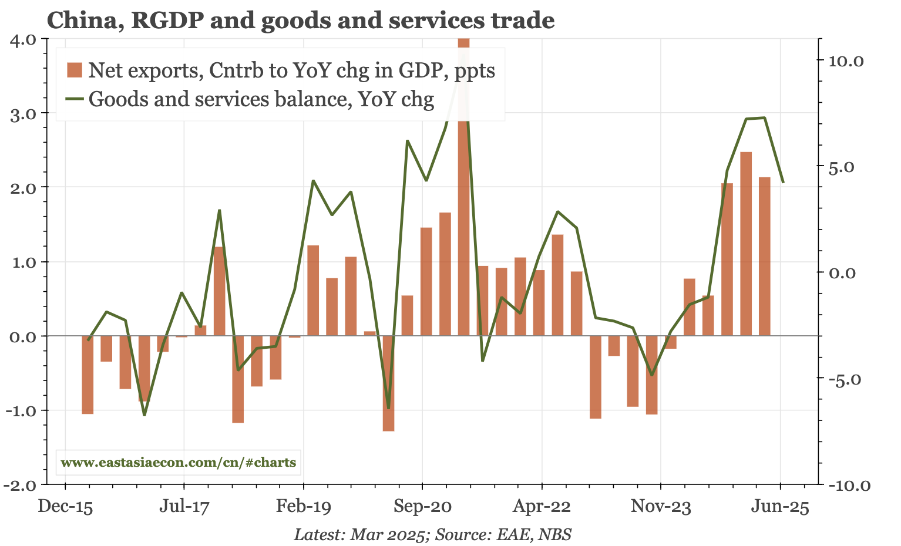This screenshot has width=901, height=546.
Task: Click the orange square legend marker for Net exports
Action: pos(75,70)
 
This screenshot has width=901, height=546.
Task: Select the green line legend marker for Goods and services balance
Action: pos(75,99)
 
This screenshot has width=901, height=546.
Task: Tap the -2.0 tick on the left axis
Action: pos(21,485)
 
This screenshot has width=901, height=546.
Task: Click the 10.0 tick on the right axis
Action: pos(845,60)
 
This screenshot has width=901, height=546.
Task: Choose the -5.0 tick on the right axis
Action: pos(845,379)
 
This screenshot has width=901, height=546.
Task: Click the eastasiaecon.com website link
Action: pos(178,463)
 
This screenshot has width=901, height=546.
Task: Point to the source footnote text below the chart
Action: pos(433,534)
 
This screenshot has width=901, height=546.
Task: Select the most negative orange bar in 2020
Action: pos(388,383)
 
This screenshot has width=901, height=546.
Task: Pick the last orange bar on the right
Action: pos(765,257)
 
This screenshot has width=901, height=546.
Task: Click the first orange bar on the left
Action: pos(88,375)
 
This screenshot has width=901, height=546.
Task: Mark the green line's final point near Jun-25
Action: pos(783,182)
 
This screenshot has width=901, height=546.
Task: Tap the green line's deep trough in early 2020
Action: pos(388,407)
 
